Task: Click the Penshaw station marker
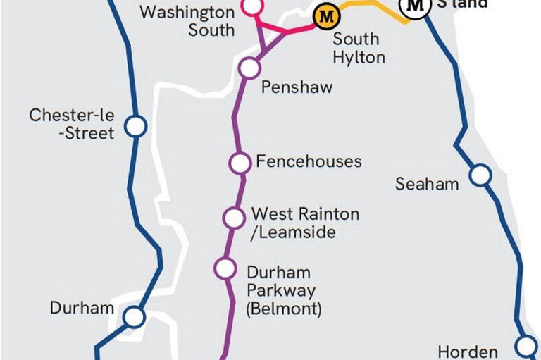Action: click(249, 68)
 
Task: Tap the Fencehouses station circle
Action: click(240, 163)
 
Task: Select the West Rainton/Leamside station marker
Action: click(234, 218)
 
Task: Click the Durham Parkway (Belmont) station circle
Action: click(225, 268)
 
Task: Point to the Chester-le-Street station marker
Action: click(135, 127)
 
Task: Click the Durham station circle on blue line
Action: click(134, 317)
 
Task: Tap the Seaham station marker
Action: click(480, 175)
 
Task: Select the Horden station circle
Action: click(526, 346)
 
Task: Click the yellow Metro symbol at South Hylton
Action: click(325, 16)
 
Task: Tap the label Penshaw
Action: click(297, 87)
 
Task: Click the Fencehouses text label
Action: click(309, 161)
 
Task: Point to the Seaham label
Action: click(427, 184)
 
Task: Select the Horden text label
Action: click(468, 351)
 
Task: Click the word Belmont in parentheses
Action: click(283, 309)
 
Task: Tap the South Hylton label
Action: click(359, 48)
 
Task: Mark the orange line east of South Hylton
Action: click(373, 7)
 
